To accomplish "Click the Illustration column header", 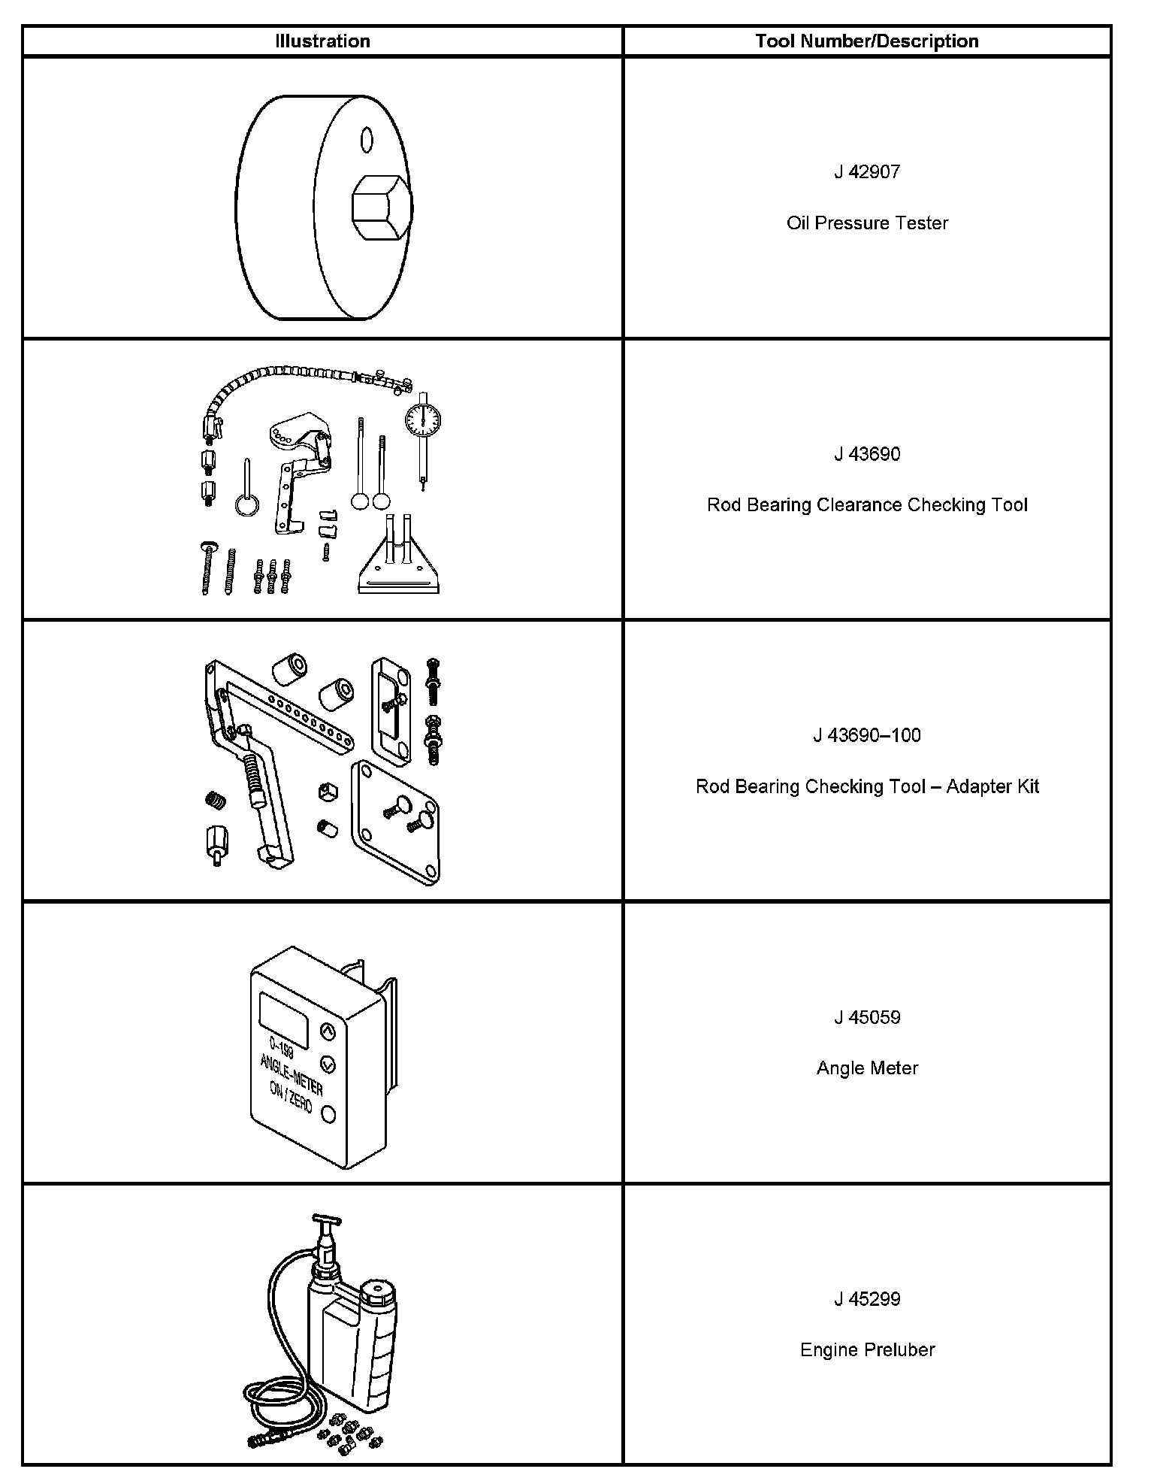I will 322,41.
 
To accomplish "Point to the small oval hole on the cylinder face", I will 367,139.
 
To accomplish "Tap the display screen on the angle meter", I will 283,1020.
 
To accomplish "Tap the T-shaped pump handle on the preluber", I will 326,1222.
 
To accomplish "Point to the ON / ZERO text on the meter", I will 291,1100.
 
